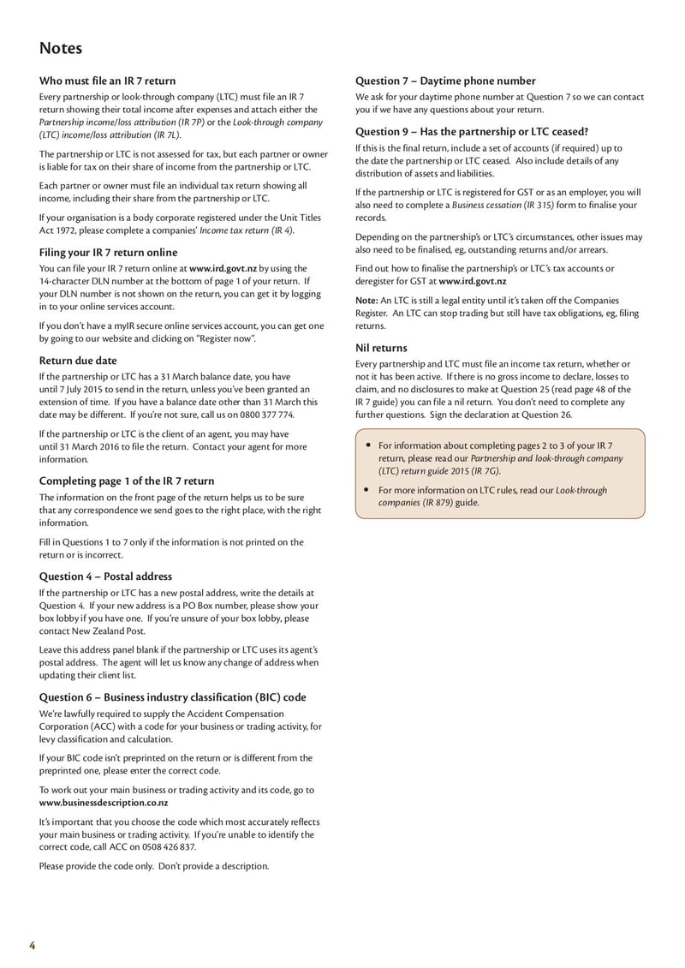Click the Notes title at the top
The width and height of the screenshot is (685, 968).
click(61, 48)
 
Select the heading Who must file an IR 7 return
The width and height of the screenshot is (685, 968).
click(107, 81)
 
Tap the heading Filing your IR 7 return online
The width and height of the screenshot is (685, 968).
click(109, 253)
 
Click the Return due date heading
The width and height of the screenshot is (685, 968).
click(78, 361)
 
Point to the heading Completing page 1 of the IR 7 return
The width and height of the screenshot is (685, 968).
click(127, 481)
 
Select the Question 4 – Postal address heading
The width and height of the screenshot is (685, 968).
click(105, 576)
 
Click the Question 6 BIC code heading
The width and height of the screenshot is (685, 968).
click(172, 697)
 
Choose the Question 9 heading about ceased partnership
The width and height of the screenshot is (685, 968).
click(472, 132)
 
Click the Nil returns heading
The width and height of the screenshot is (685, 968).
click(381, 348)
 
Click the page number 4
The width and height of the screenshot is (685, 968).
click(33, 946)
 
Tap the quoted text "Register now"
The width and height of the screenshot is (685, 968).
click(224, 338)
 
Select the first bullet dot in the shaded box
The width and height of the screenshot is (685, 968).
click(367, 445)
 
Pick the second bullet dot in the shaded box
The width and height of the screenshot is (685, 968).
click(367, 490)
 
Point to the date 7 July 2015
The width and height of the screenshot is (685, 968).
click(81, 389)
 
